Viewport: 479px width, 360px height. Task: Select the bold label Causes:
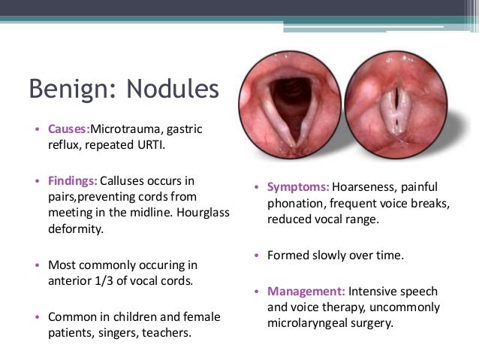coord(68,129)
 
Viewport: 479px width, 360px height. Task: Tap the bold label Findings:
coord(73,180)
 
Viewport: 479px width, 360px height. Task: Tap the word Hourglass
coord(204,213)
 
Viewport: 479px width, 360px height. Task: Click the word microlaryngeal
coord(305,323)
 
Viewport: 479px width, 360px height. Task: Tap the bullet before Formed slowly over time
coord(257,256)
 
